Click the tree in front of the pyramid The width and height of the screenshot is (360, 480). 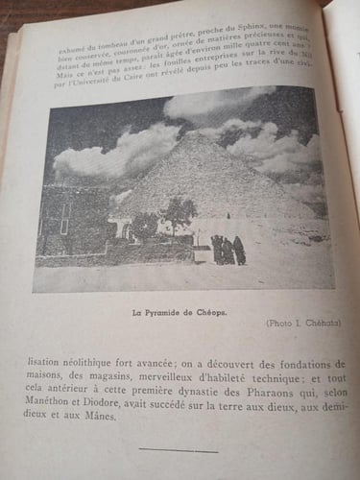(178, 212)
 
